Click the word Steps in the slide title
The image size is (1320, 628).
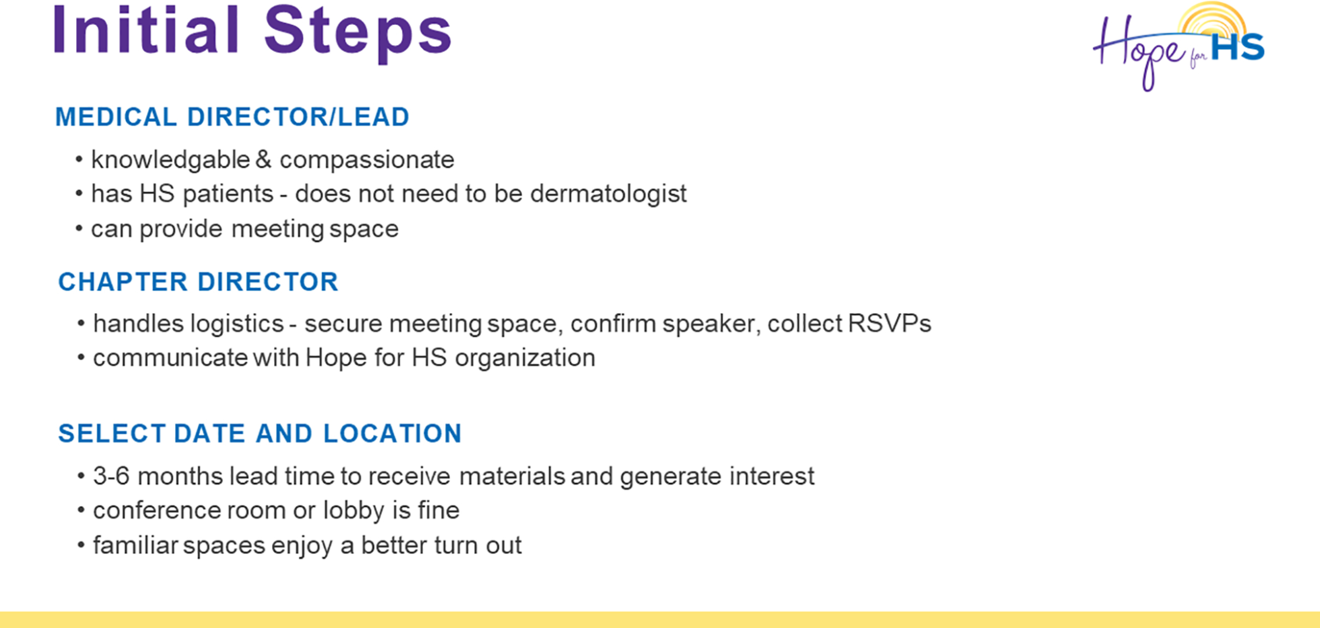(357, 34)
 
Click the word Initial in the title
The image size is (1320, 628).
(146, 29)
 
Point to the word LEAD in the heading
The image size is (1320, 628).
(374, 117)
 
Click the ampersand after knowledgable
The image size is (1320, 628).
(263, 159)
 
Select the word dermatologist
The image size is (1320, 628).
(608, 194)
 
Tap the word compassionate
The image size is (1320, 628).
(367, 160)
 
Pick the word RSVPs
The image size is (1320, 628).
(889, 324)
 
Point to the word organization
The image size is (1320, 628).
(525, 359)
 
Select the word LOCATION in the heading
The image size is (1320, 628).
(392, 434)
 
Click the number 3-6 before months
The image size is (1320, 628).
(111, 476)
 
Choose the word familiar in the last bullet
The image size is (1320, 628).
(136, 544)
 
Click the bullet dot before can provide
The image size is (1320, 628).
(79, 229)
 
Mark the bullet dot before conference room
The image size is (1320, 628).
(81, 510)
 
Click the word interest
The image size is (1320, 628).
(772, 477)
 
